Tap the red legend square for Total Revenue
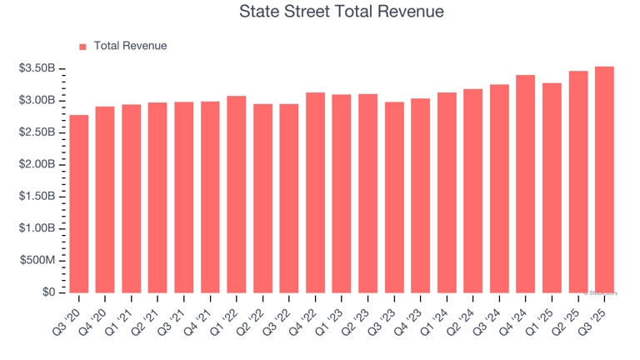pos(82,47)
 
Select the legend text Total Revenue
pos(130,47)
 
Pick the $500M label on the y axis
pos(38,261)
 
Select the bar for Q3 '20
pos(79,204)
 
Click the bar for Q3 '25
pos(604,180)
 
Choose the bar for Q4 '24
pos(526,184)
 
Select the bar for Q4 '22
pos(315,192)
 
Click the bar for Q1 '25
pos(552,188)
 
